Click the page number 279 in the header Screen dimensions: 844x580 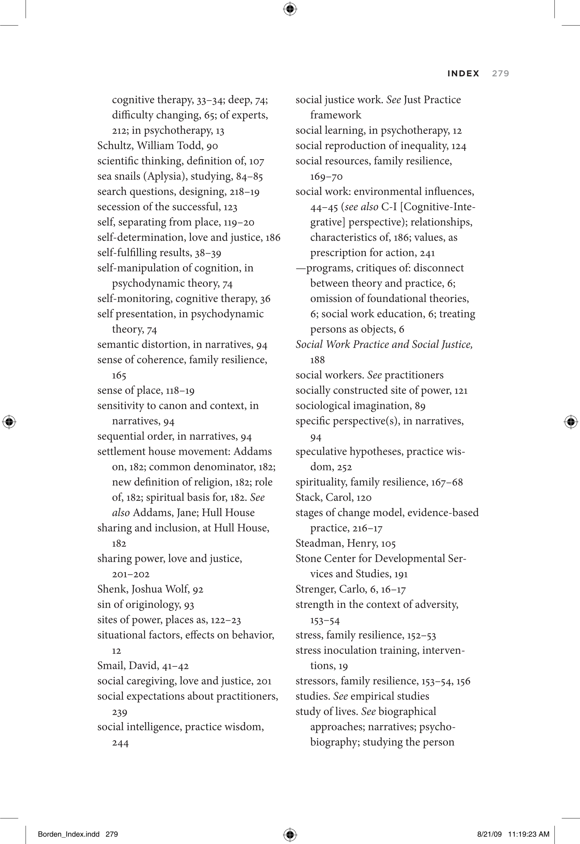[x=500, y=73]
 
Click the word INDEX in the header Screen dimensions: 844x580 [x=463, y=73]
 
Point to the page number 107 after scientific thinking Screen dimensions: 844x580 [x=256, y=161]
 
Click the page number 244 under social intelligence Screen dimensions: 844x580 [x=120, y=743]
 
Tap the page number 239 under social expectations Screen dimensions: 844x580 [x=119, y=712]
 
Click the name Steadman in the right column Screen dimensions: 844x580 [x=318, y=543]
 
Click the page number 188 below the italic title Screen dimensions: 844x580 [x=317, y=360]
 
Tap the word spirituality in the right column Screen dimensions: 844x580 [x=315, y=482]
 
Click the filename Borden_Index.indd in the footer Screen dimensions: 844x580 [x=68, y=834]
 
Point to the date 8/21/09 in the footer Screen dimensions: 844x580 [x=489, y=834]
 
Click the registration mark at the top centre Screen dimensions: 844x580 [x=289, y=9]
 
